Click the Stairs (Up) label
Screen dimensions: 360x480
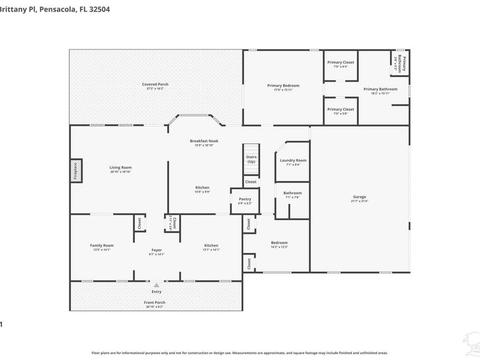(251, 159)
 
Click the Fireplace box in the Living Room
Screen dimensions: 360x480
(76, 171)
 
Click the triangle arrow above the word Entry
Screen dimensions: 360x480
(156, 286)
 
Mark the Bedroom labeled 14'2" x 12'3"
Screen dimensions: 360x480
(279, 243)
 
